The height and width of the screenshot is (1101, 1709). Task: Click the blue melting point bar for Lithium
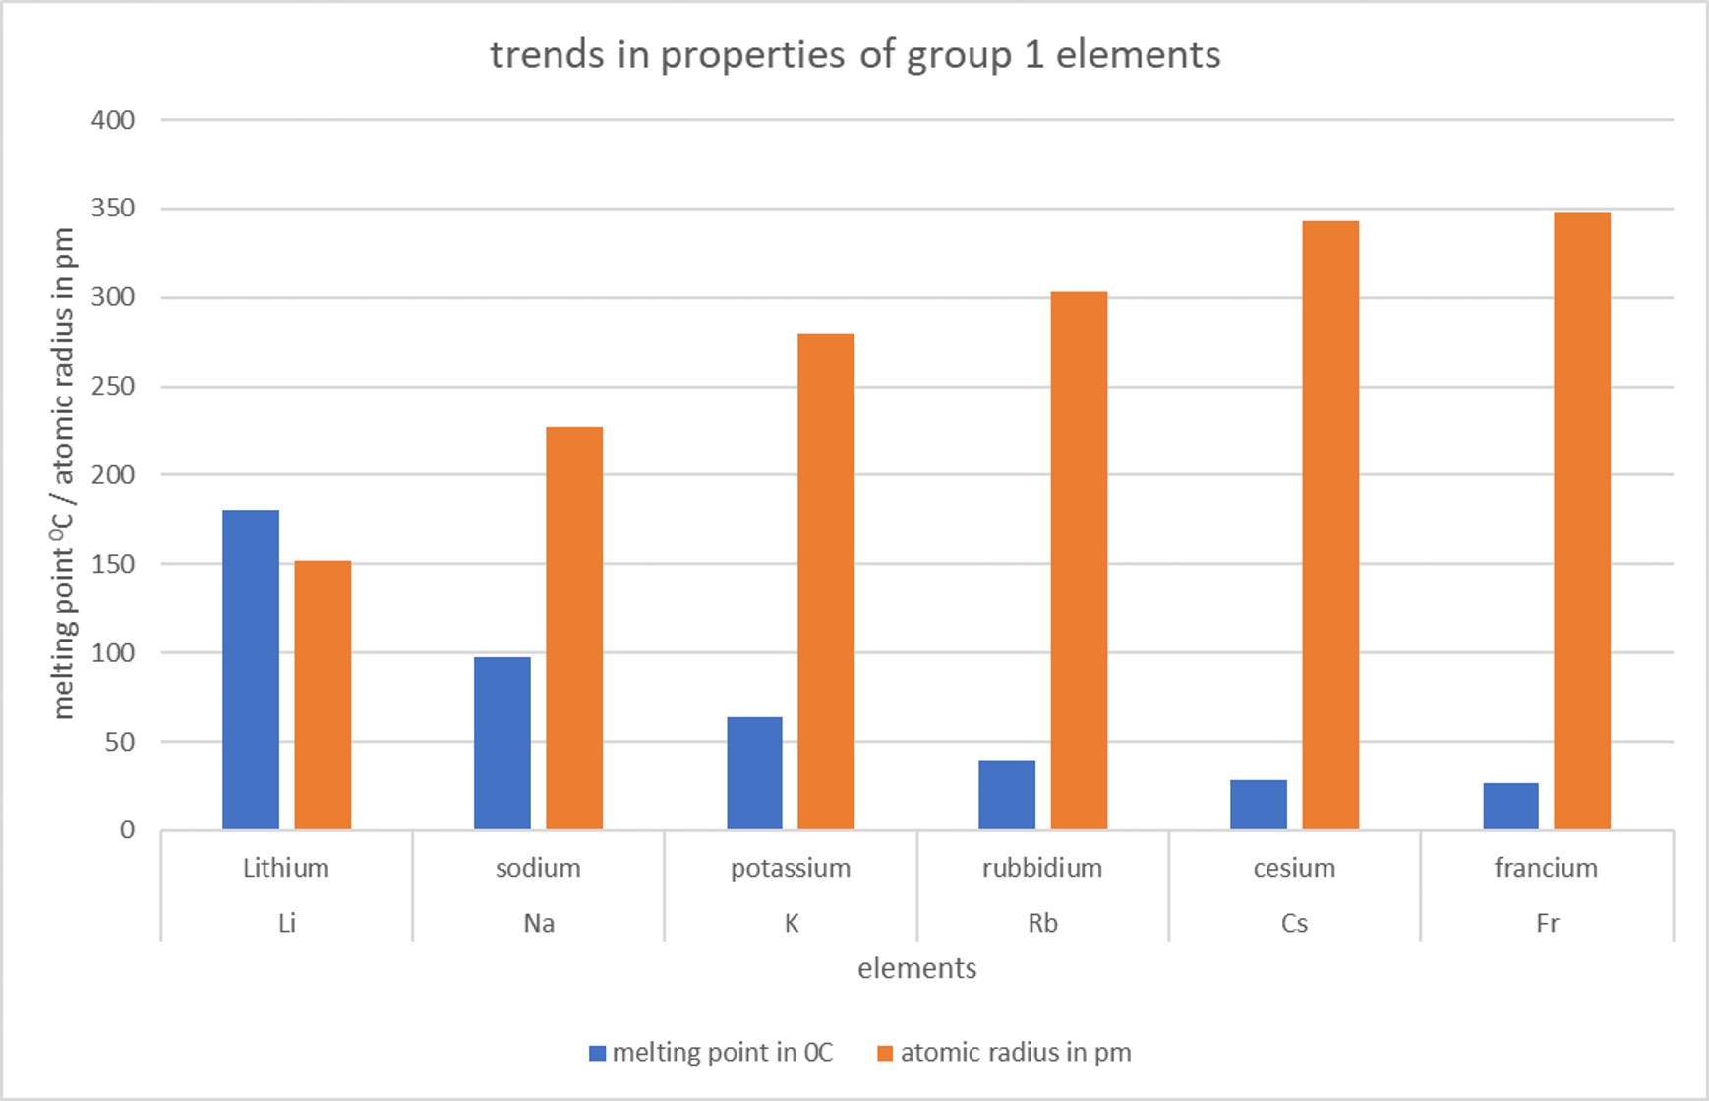pyautogui.click(x=251, y=669)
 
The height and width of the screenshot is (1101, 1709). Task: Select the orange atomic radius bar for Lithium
pyautogui.click(x=323, y=695)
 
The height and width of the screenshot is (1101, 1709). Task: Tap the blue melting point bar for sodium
pyautogui.click(x=502, y=743)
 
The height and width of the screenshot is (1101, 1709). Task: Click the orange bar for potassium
pyautogui.click(x=826, y=581)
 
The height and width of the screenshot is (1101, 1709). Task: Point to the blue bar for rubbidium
pyautogui.click(x=1007, y=795)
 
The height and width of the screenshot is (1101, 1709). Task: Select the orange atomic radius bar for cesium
pyautogui.click(x=1330, y=525)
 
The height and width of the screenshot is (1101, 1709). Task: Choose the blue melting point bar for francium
pyautogui.click(x=1510, y=807)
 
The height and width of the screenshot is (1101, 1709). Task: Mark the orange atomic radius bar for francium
pyautogui.click(x=1582, y=520)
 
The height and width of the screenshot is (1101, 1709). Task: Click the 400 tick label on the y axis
pyautogui.click(x=113, y=120)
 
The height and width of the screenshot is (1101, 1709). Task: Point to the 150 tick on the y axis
pyautogui.click(x=113, y=564)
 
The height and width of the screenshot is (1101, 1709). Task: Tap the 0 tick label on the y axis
pyautogui.click(x=127, y=830)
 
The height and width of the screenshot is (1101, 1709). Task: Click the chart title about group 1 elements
pyautogui.click(x=854, y=55)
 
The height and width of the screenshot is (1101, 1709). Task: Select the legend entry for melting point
pyautogui.click(x=722, y=1053)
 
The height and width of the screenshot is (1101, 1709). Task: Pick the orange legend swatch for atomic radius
pyautogui.click(x=885, y=1053)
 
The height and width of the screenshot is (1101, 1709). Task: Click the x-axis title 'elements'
pyautogui.click(x=916, y=969)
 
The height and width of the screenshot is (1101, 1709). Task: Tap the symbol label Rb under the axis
pyautogui.click(x=1042, y=924)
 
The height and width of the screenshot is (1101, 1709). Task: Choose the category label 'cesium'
pyautogui.click(x=1294, y=868)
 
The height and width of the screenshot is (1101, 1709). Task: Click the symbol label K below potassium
pyautogui.click(x=791, y=924)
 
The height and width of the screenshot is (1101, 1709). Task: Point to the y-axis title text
pyautogui.click(x=63, y=473)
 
